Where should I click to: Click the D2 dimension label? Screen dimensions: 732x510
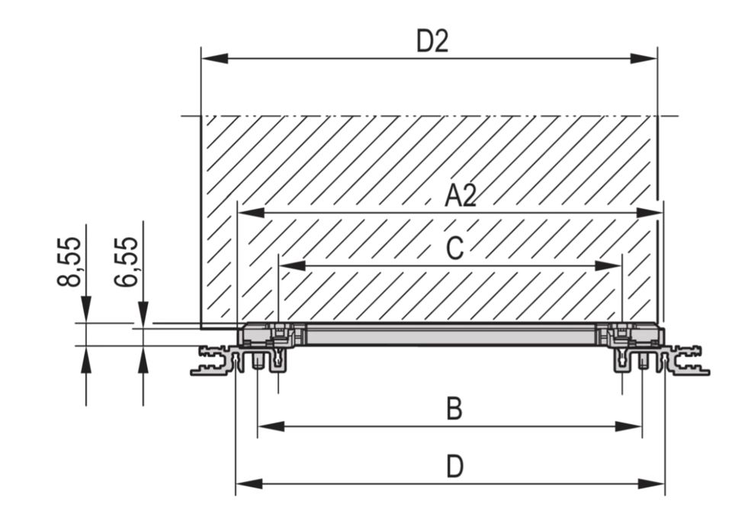tap(432, 41)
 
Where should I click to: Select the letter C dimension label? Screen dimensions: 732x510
tap(454, 249)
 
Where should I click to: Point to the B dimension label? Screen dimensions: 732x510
tap(454, 409)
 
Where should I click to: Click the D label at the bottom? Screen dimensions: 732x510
tap(454, 467)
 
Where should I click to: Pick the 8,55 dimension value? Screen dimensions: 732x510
tap(69, 261)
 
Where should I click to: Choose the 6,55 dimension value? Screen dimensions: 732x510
tap(126, 261)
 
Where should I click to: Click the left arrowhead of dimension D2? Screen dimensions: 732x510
tap(215, 59)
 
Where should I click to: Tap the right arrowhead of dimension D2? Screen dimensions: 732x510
tap(644, 59)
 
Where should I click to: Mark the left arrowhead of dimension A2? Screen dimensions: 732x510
tap(252, 213)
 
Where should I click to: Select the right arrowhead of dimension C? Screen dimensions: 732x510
tap(608, 266)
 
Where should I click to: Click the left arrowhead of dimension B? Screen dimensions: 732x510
tap(271, 426)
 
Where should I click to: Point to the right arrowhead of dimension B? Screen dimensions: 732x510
tap(628, 426)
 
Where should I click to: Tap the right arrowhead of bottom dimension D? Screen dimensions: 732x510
tap(650, 484)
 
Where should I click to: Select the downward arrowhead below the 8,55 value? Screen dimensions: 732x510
tap(86, 309)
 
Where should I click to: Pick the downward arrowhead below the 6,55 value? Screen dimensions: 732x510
tap(143, 315)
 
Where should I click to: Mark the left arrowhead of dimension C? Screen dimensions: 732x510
tap(292, 266)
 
